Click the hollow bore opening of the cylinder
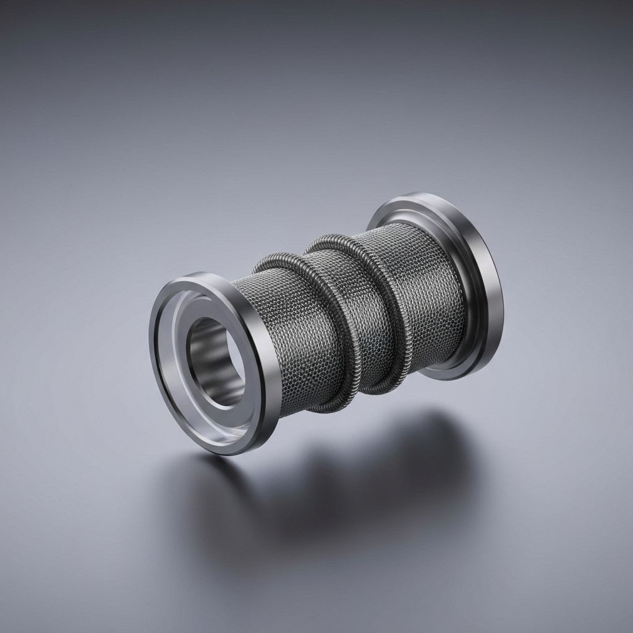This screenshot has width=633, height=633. click(x=213, y=362)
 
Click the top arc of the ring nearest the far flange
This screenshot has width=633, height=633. click(x=334, y=238)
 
